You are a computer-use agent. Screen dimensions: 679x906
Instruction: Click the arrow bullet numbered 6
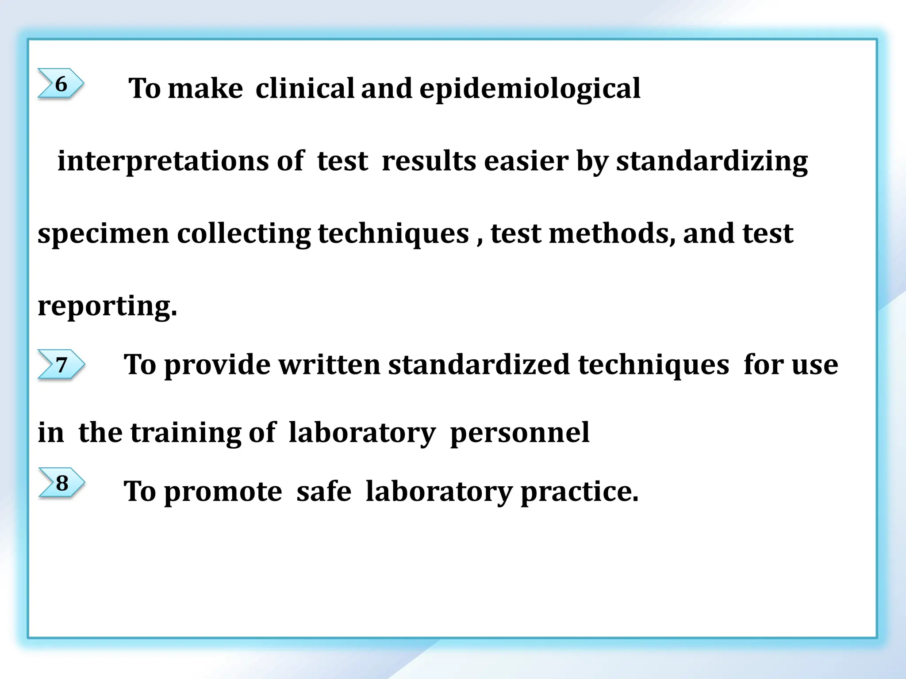tap(61, 83)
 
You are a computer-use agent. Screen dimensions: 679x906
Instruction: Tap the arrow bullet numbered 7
tap(61, 365)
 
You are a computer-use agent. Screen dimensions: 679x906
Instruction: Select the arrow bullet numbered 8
tap(61, 483)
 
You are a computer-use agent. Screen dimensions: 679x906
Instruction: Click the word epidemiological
tap(530, 88)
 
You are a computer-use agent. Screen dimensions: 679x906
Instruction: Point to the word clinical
tap(305, 88)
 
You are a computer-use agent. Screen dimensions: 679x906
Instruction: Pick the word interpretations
tap(163, 161)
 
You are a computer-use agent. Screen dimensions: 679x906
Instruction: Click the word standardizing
tap(712, 161)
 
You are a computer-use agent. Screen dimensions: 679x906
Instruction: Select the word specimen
tap(104, 233)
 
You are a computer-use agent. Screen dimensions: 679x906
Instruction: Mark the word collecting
tap(244, 233)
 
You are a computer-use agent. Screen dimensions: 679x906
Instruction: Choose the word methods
tap(612, 233)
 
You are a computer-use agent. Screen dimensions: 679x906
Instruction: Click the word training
tap(185, 433)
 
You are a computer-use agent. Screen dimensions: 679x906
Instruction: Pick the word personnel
tap(519, 433)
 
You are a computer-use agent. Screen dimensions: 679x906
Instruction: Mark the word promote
tap(223, 492)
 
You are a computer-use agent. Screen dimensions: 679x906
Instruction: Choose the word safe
tap(324, 491)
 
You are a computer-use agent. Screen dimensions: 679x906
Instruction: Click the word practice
tap(580, 492)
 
